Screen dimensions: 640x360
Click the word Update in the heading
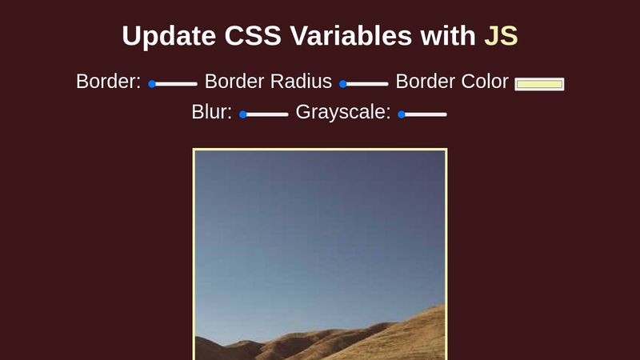tap(169, 36)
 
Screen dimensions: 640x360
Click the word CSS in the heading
tap(253, 35)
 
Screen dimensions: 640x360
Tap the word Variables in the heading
tap(350, 35)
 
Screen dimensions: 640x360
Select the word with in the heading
tap(448, 35)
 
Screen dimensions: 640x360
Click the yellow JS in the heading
tap(501, 35)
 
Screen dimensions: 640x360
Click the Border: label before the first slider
tap(109, 82)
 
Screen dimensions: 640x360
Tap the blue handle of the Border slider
tap(152, 84)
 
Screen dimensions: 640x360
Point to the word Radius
tap(301, 82)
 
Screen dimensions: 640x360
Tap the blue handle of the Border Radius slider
tap(343, 84)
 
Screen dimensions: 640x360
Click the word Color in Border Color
tap(485, 82)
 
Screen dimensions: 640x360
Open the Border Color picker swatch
tap(539, 84)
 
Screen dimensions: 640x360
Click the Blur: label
tap(212, 112)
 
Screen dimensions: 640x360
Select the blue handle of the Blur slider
tap(243, 114)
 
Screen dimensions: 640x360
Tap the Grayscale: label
tap(343, 112)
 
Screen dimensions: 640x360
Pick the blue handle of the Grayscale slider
tap(402, 114)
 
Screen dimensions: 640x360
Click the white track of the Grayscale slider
tap(423, 114)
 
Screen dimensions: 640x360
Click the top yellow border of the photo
tap(320, 150)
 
